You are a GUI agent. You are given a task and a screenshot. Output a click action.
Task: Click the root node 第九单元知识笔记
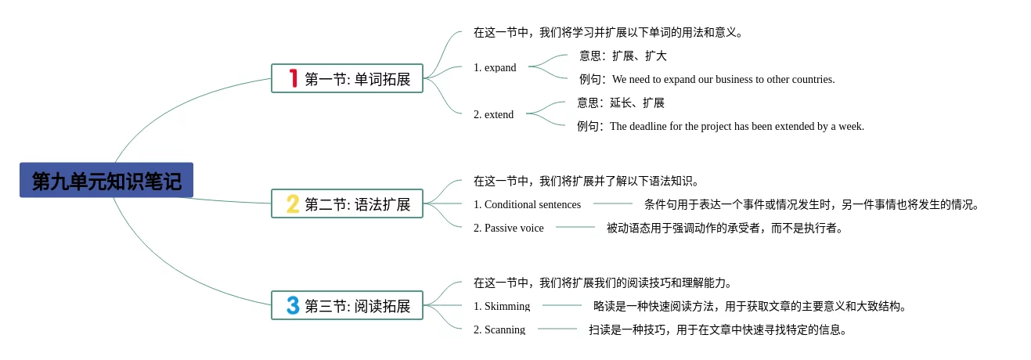[106, 181]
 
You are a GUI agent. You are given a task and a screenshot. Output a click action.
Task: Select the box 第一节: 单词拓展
[347, 78]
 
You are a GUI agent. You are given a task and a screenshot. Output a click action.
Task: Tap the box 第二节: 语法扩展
[347, 203]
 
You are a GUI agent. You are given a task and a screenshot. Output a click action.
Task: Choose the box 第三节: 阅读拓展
[347, 305]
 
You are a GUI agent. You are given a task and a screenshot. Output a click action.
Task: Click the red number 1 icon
[293, 78]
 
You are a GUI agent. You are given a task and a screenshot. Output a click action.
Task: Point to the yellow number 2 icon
[293, 203]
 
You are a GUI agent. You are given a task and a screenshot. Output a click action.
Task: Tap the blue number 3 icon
[293, 305]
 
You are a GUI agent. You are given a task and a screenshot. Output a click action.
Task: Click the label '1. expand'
[495, 67]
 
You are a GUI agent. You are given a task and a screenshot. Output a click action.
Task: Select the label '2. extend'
[493, 114]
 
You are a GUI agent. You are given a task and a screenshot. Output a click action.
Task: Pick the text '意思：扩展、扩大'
[622, 56]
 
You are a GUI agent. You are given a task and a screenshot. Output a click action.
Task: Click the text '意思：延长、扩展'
[620, 103]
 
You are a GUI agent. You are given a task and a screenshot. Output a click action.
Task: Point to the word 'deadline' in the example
[656, 126]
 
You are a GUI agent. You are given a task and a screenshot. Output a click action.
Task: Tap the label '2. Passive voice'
[508, 228]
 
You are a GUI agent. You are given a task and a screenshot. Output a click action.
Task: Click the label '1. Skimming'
[501, 306]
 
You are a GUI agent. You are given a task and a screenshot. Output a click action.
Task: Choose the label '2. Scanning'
[499, 329]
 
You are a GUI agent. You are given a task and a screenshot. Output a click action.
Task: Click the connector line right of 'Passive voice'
[575, 227]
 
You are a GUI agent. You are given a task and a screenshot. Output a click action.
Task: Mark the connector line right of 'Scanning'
[557, 329]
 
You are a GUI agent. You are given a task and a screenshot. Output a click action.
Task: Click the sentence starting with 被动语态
[724, 228]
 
